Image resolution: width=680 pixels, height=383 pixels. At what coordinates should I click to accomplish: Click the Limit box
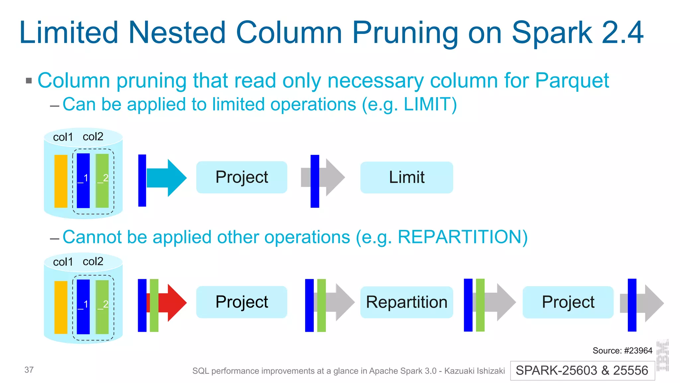pyautogui.click(x=406, y=177)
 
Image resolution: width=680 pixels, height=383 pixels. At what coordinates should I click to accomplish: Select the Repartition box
pyautogui.click(x=406, y=302)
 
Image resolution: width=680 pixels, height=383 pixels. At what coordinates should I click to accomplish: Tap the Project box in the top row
pyautogui.click(x=241, y=177)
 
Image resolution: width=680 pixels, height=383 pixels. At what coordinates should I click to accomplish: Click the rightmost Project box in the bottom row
pyautogui.click(x=568, y=302)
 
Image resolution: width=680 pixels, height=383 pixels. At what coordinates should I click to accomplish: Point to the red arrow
pyautogui.click(x=173, y=303)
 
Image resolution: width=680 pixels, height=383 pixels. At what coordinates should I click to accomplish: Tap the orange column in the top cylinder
pyautogui.click(x=61, y=181)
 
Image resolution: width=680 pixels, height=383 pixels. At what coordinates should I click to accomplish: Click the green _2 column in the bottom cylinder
pyautogui.click(x=102, y=307)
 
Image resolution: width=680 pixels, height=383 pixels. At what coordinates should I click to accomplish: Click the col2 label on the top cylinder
pyautogui.click(x=93, y=137)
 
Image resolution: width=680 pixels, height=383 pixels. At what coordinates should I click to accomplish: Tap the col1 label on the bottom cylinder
pyautogui.click(x=63, y=262)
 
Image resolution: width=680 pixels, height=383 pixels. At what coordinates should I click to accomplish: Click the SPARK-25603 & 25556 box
pyautogui.click(x=582, y=370)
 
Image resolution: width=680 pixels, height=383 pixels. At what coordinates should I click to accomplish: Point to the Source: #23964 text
pyautogui.click(x=622, y=350)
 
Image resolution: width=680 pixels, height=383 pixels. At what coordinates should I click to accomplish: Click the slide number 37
pyautogui.click(x=29, y=370)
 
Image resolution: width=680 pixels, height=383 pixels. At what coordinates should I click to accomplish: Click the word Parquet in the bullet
pyautogui.click(x=572, y=80)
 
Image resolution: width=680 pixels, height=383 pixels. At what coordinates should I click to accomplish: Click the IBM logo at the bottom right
pyautogui.click(x=663, y=355)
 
